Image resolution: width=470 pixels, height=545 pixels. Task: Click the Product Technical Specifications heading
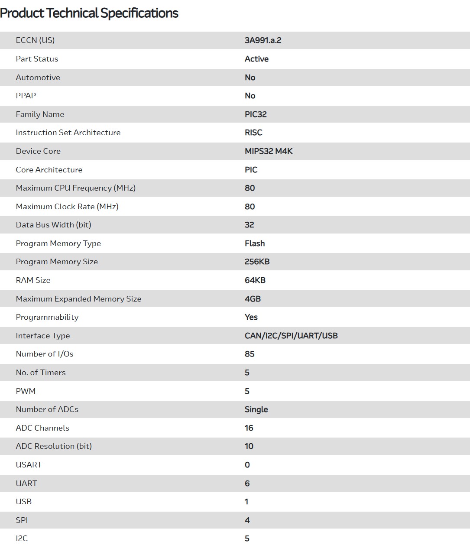(x=89, y=13)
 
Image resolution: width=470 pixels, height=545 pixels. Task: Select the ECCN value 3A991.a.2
(x=263, y=40)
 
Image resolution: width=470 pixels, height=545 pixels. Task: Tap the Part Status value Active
(x=256, y=59)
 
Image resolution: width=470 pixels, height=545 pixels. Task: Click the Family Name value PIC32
(x=256, y=114)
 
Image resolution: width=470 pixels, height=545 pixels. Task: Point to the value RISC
(x=253, y=133)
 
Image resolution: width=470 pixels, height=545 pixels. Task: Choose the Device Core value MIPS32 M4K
(x=269, y=151)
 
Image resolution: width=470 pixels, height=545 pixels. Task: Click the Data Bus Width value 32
(x=249, y=225)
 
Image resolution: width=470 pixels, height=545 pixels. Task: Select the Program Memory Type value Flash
(x=255, y=243)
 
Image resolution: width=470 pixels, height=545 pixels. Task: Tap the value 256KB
(x=257, y=262)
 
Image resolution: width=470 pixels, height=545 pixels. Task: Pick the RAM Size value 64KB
(x=255, y=280)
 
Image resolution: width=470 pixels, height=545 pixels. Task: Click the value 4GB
(x=253, y=299)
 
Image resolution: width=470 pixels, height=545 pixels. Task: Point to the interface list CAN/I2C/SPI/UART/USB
(x=291, y=336)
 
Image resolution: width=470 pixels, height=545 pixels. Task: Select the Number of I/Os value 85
(x=250, y=354)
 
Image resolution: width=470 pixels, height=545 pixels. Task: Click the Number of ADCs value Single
(x=256, y=409)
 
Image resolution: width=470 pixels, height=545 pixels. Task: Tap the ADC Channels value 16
(x=249, y=428)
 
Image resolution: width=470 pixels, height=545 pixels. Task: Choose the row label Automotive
(x=38, y=78)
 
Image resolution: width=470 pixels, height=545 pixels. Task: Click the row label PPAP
(x=26, y=96)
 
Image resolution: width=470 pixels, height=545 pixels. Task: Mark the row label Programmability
(x=47, y=317)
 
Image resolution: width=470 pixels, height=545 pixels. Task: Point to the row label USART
(x=29, y=465)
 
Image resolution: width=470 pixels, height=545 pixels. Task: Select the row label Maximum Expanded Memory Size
(x=78, y=299)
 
